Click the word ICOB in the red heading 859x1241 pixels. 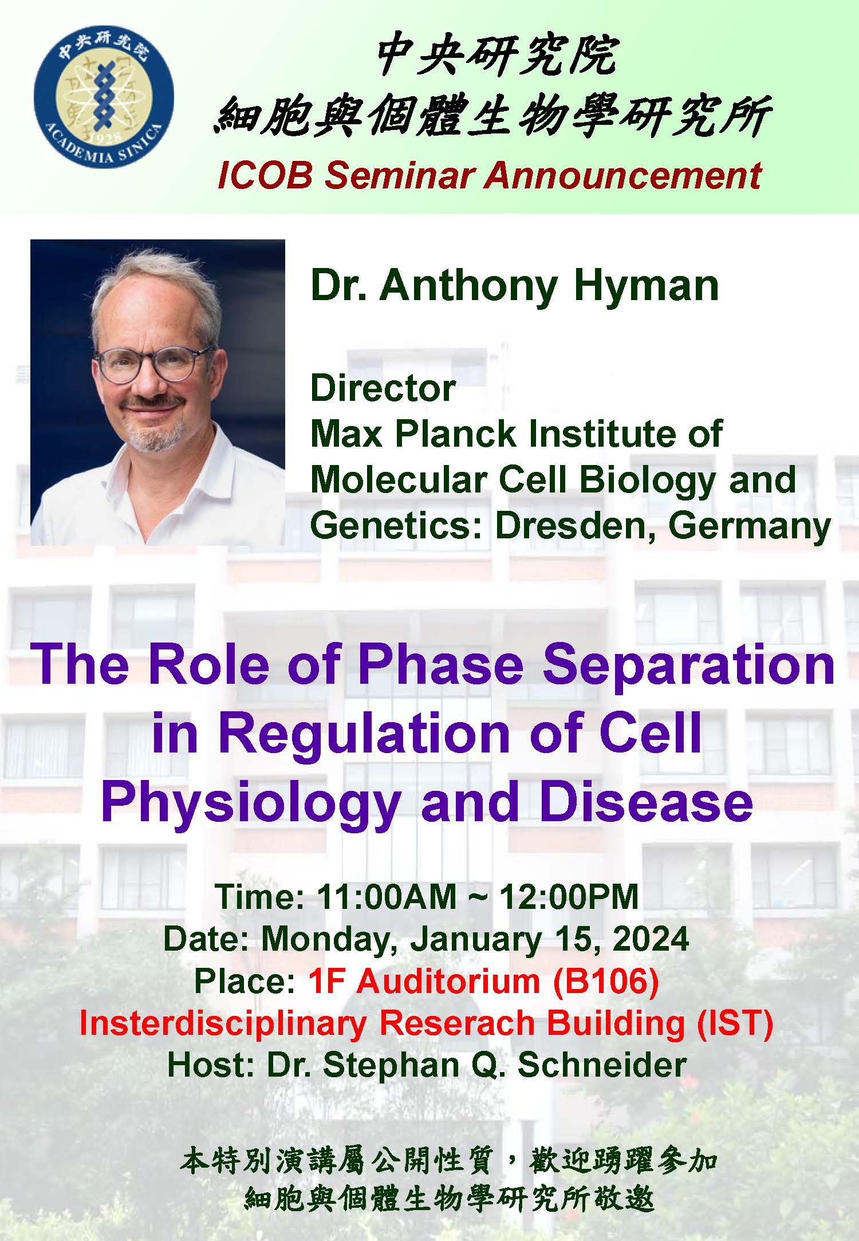click(x=265, y=175)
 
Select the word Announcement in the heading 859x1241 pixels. click(x=622, y=175)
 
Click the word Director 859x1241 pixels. click(x=383, y=388)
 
